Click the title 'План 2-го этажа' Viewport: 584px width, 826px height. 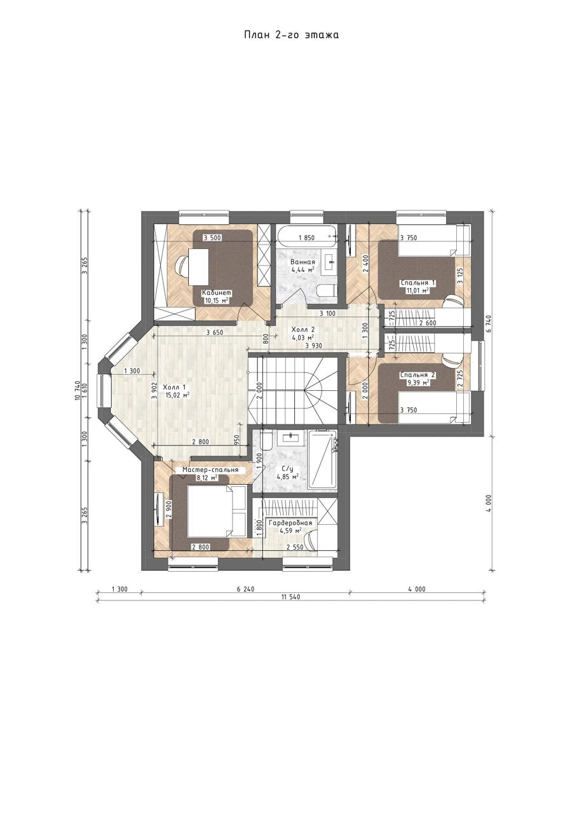[291, 35]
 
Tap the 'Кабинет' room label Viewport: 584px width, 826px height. [216, 292]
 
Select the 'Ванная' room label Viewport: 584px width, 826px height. [302, 262]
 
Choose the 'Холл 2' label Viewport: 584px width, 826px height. [302, 329]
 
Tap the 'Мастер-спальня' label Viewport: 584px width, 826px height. [210, 470]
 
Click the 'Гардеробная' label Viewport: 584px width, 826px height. [290, 523]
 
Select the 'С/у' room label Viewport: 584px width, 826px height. [287, 470]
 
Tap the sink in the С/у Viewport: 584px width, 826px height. [291, 437]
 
